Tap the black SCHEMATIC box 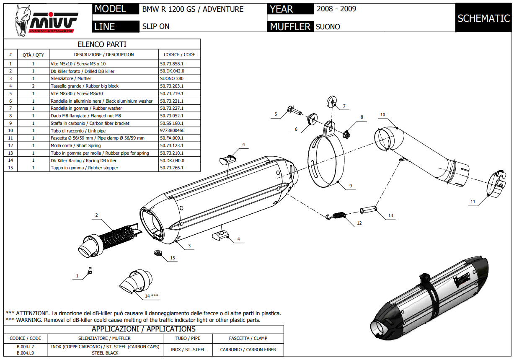(483, 18)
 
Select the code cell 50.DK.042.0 (172, 71)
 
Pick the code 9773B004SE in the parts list (172, 131)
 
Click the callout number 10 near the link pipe (382, 114)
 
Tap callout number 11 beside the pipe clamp (473, 202)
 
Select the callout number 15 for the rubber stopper (173, 258)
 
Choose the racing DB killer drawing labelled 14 (137, 281)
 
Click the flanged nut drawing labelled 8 (346, 135)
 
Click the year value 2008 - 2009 (336, 9)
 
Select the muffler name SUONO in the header (328, 27)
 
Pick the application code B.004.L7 (25, 347)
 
